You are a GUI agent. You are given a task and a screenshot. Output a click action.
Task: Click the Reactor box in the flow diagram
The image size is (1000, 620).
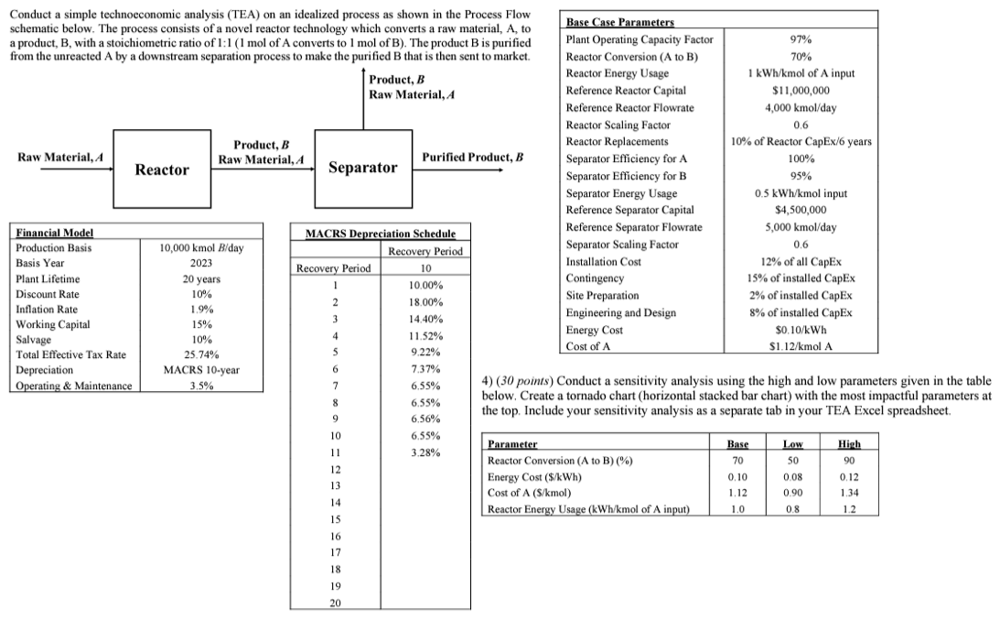(162, 169)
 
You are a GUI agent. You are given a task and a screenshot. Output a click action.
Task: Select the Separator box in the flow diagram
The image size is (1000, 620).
(362, 168)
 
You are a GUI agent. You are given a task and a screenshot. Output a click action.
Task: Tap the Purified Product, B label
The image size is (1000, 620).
(472, 158)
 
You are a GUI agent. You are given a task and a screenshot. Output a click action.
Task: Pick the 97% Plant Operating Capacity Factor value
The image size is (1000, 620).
(800, 39)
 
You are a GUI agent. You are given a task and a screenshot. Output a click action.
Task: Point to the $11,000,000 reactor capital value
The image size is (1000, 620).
(800, 91)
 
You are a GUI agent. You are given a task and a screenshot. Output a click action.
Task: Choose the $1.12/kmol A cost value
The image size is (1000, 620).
(800, 345)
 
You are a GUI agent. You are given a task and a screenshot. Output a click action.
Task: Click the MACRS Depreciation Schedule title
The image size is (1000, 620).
(378, 235)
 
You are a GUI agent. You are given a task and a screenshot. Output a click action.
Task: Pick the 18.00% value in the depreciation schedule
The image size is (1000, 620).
(425, 301)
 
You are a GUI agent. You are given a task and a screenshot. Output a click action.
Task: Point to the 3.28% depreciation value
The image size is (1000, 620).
(425, 452)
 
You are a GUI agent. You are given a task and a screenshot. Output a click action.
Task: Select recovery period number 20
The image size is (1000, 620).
(335, 604)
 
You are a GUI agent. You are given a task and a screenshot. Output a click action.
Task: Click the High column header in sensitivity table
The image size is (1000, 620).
(850, 443)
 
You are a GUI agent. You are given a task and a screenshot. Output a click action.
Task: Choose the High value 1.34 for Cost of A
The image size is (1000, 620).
(850, 494)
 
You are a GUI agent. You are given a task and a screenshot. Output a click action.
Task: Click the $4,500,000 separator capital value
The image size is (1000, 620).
(800, 210)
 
